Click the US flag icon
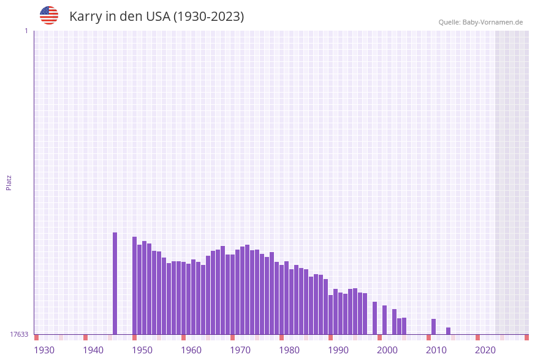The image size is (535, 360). pyautogui.click(x=49, y=15)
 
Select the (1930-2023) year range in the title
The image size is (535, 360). pyautogui.click(x=208, y=17)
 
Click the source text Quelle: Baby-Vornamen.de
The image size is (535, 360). pyautogui.click(x=480, y=22)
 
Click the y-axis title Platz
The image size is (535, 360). pyautogui.click(x=9, y=183)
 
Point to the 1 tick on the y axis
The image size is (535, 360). pyautogui.click(x=26, y=31)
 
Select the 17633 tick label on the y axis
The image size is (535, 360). pyautogui.click(x=18, y=334)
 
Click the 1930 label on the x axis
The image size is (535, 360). pyautogui.click(x=44, y=350)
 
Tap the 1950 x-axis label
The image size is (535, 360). pyautogui.click(x=142, y=350)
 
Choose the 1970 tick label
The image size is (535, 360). pyautogui.click(x=240, y=350)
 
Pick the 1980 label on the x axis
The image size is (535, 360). pyautogui.click(x=289, y=350)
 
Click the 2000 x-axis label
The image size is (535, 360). pyautogui.click(x=387, y=350)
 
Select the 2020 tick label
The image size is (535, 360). pyautogui.click(x=485, y=350)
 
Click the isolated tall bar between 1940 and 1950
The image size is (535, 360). pyautogui.click(x=115, y=283)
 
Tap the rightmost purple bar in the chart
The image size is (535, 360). pyautogui.click(x=448, y=331)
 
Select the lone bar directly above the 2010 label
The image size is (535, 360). pyautogui.click(x=433, y=327)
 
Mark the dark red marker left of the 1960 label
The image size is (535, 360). pyautogui.click(x=183, y=337)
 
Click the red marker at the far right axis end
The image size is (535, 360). pyautogui.click(x=526, y=337)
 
